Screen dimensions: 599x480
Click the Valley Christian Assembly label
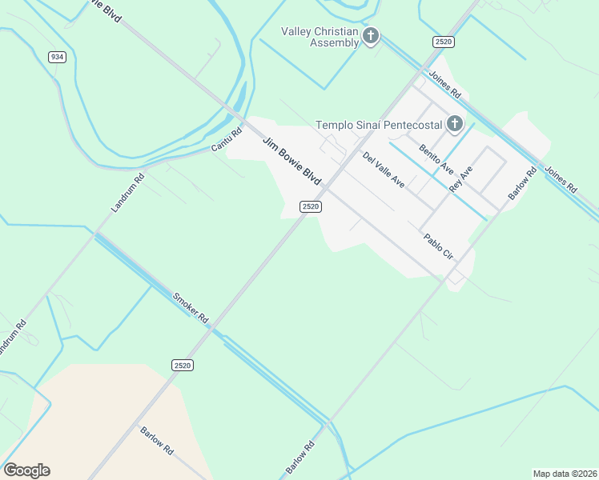tap(320, 37)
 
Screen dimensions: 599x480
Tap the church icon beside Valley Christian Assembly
tap(370, 36)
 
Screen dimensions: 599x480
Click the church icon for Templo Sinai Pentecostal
tap(455, 124)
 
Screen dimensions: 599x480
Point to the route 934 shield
tap(56, 57)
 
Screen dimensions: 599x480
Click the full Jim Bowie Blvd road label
tap(292, 161)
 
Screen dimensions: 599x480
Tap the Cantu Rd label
tap(226, 141)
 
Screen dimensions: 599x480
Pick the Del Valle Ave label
tap(384, 170)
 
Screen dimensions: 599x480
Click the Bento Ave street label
tap(436, 159)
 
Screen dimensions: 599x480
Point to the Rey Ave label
tap(461, 178)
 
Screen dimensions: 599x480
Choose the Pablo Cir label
tap(439, 246)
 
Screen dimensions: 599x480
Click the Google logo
tap(26, 470)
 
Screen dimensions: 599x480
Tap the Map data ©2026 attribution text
tap(564, 474)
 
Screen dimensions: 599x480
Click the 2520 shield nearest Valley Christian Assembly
tap(444, 41)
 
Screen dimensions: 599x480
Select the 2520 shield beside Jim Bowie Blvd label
tap(311, 206)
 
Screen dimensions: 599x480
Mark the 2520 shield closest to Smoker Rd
tap(182, 365)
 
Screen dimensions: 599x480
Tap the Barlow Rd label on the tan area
tap(157, 439)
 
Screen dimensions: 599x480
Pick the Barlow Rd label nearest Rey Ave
tap(522, 184)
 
